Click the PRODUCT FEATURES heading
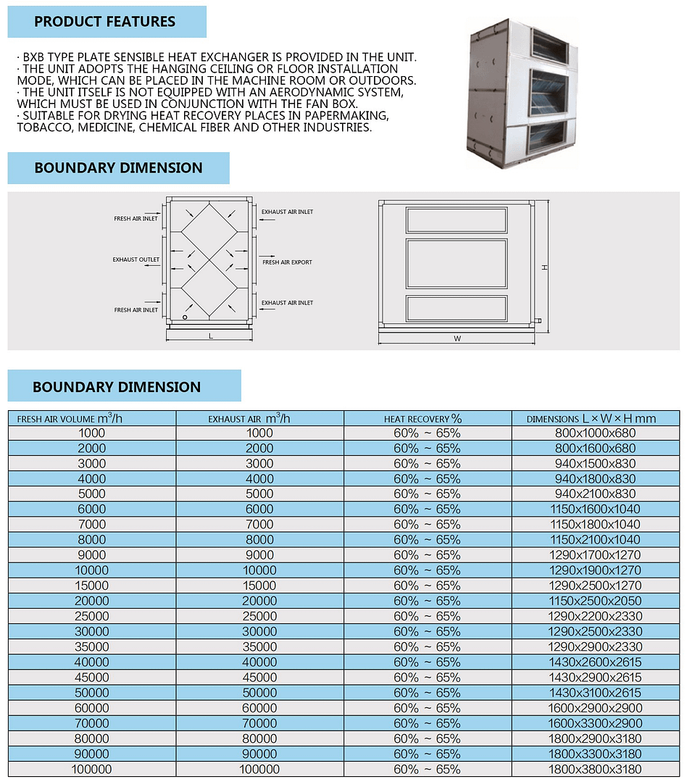(105, 22)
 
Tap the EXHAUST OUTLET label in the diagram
(136, 259)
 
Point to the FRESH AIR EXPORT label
(287, 262)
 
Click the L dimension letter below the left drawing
(210, 336)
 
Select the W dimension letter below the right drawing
(457, 338)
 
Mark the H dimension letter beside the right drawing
(545, 267)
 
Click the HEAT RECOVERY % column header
(422, 419)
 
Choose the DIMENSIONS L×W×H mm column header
(591, 419)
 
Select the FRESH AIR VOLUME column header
(70, 419)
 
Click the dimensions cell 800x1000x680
(594, 433)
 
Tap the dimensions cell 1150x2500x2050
(594, 601)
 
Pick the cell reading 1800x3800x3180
(594, 769)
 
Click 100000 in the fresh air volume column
(91, 769)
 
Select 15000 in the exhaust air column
(259, 586)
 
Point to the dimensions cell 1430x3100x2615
(594, 693)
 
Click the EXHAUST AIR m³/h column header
(249, 419)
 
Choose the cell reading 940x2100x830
(594, 494)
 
